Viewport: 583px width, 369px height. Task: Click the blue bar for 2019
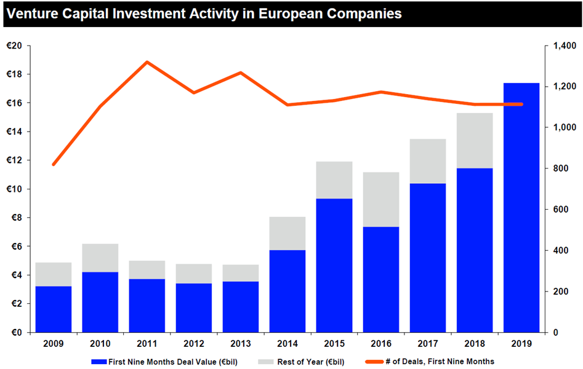click(x=521, y=207)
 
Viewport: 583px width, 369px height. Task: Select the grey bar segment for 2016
click(x=381, y=199)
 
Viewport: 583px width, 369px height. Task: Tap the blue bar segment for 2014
click(x=287, y=291)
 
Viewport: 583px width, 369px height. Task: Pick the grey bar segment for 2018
click(x=475, y=140)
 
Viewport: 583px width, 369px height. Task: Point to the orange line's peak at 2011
click(x=147, y=62)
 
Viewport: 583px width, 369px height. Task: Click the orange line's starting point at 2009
click(x=54, y=164)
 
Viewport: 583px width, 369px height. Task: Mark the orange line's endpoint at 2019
click(x=521, y=105)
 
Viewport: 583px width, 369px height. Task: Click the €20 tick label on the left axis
click(x=15, y=46)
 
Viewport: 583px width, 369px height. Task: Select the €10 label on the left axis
click(x=15, y=189)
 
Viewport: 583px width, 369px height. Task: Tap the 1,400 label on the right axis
click(x=565, y=46)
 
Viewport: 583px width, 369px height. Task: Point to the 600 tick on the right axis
click(x=561, y=210)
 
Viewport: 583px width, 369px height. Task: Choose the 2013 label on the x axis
click(x=241, y=344)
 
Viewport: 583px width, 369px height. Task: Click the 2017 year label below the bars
click(x=428, y=344)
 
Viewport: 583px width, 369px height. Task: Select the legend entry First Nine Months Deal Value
click(x=164, y=362)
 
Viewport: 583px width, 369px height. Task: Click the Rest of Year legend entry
click(x=301, y=362)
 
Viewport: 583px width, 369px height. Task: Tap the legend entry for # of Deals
click(x=430, y=362)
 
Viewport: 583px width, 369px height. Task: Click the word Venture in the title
click(x=33, y=14)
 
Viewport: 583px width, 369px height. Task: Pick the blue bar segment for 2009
click(x=54, y=309)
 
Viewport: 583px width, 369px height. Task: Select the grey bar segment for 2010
click(x=100, y=258)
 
